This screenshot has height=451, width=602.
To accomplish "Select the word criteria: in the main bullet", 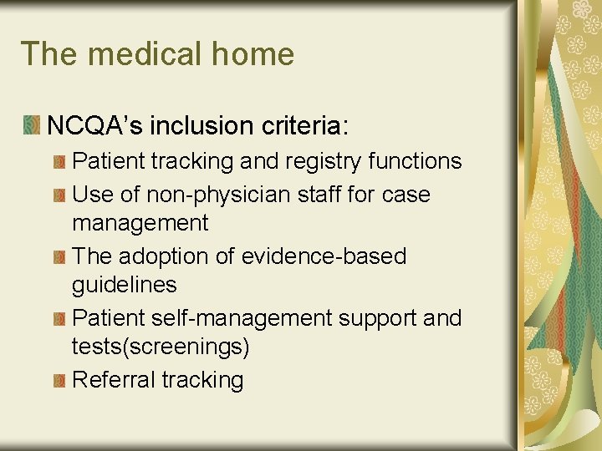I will click(303, 126).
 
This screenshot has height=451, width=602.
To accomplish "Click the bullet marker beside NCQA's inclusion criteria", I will click(31, 126).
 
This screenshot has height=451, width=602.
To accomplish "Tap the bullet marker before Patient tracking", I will click(59, 161).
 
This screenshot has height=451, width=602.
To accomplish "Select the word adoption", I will click(171, 256).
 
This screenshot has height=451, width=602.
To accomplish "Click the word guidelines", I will click(125, 286).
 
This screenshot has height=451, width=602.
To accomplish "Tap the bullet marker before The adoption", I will click(59, 257).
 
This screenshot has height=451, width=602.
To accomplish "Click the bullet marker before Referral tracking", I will click(59, 381).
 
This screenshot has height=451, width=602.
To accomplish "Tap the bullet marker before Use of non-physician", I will click(59, 195).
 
